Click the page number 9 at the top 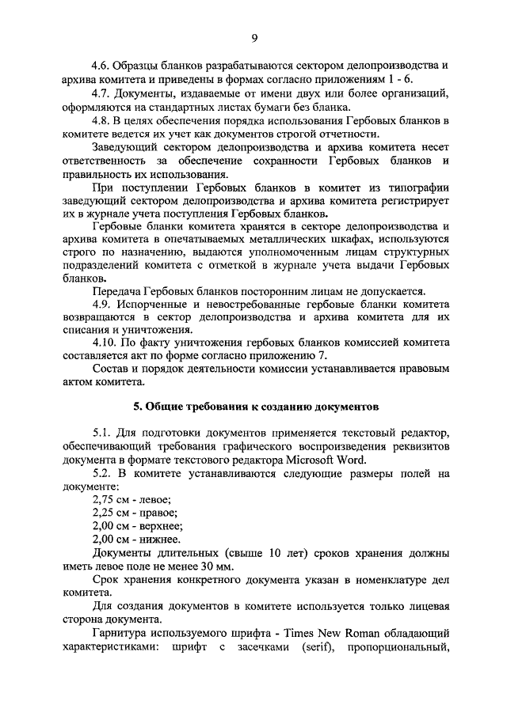pyautogui.click(x=253, y=36)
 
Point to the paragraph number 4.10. pyautogui.click(x=105, y=343)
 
